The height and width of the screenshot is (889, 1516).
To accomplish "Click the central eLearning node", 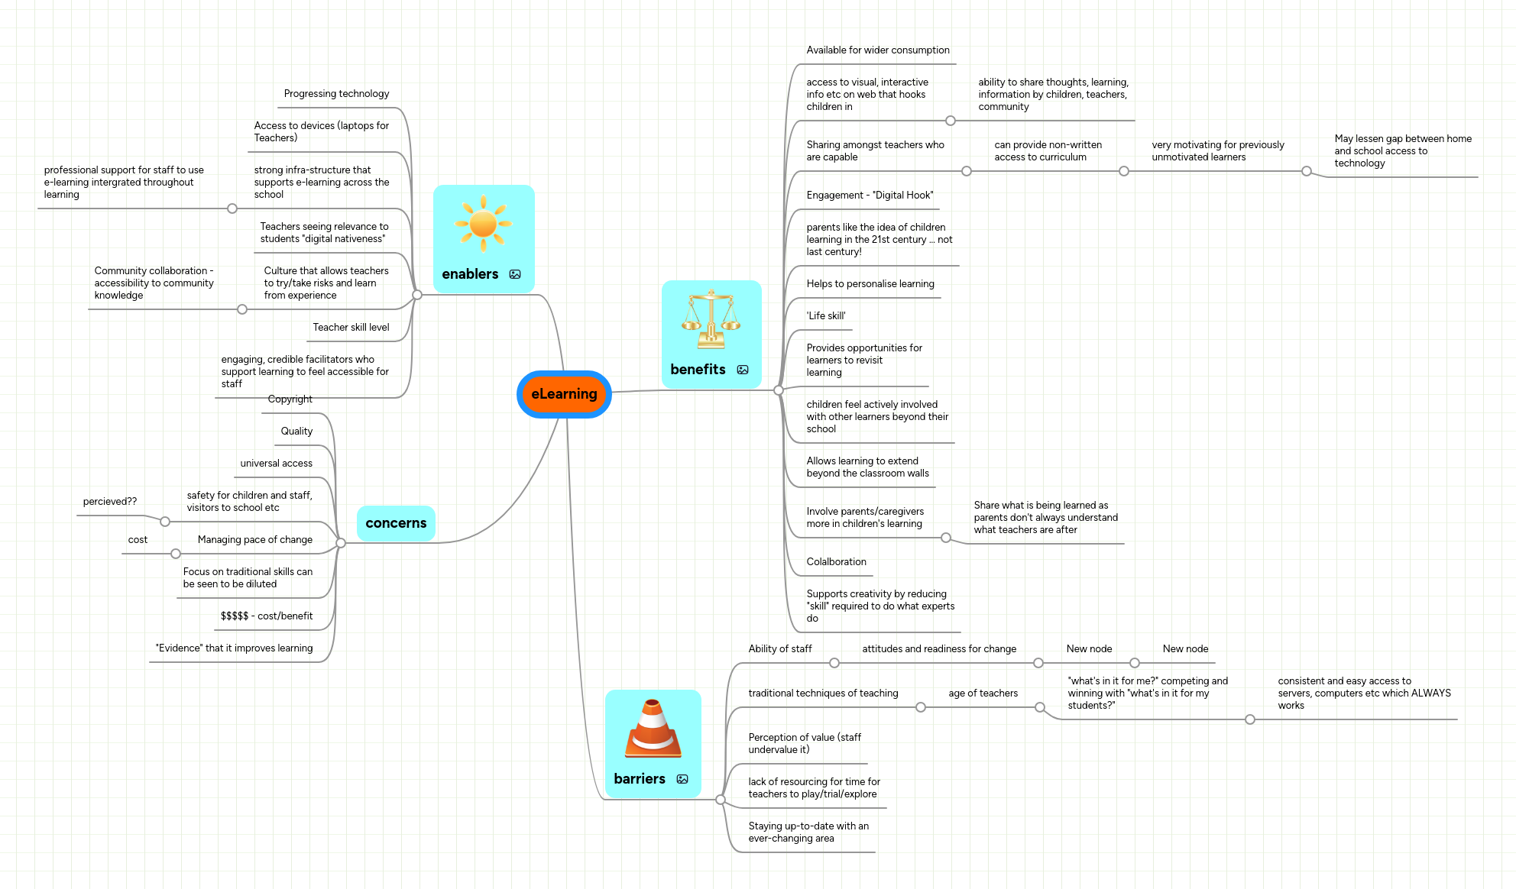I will coord(564,394).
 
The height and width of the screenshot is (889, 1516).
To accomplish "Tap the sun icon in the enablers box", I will coord(483,224).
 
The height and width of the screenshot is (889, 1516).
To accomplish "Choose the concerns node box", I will coord(396,523).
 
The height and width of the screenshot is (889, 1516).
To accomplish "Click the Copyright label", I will coord(290,399).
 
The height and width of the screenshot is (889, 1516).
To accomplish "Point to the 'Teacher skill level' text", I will coord(351,328).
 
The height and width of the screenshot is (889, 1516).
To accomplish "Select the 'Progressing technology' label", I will coord(336,94).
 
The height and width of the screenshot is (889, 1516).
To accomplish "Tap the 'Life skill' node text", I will coord(825,316).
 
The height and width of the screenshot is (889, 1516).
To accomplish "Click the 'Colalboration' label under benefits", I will coord(836,562).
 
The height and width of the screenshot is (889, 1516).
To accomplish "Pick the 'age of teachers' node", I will coord(983,693).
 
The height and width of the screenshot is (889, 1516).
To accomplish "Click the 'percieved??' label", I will coord(110,502).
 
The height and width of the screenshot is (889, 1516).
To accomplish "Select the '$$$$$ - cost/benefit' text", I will coord(267,616).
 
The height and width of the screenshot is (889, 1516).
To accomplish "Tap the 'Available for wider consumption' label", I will coord(877,50).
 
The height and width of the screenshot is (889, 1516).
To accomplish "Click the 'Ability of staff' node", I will coord(779,649).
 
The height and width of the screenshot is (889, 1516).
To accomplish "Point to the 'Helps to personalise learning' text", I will coord(870,284).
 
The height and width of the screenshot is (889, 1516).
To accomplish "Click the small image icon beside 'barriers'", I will coord(682,779).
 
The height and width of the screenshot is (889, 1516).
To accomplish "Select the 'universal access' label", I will coord(276,464).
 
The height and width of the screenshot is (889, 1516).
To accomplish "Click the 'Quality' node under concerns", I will coord(296,432).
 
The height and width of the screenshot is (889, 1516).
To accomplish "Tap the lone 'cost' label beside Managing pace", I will coord(138,540).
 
